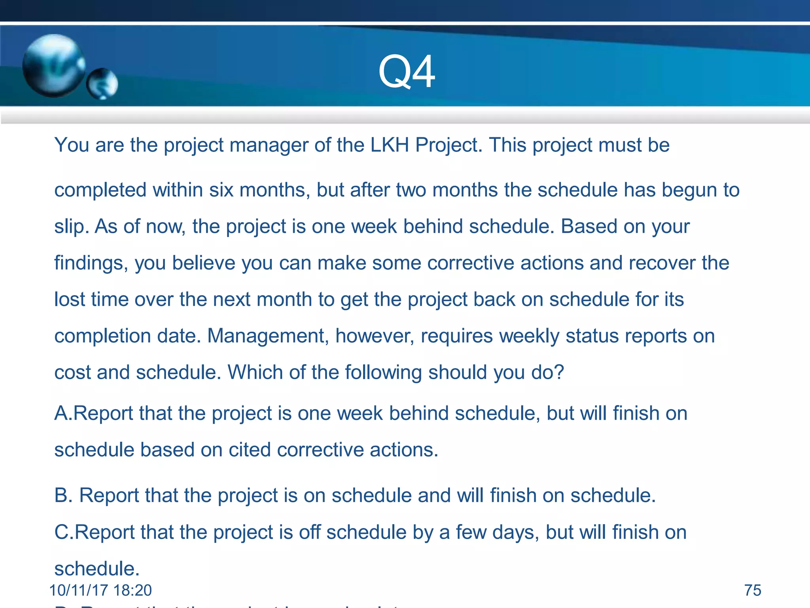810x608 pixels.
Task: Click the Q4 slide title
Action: (x=407, y=72)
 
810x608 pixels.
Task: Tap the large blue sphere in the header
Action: (x=53, y=65)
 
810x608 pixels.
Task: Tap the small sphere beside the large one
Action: (x=102, y=84)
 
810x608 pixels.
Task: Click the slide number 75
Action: (x=753, y=590)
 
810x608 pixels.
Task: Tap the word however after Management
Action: (x=375, y=336)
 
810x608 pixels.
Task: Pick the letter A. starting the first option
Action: (x=63, y=413)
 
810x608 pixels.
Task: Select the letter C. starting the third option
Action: (x=64, y=532)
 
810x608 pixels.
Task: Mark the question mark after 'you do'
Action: (x=559, y=372)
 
